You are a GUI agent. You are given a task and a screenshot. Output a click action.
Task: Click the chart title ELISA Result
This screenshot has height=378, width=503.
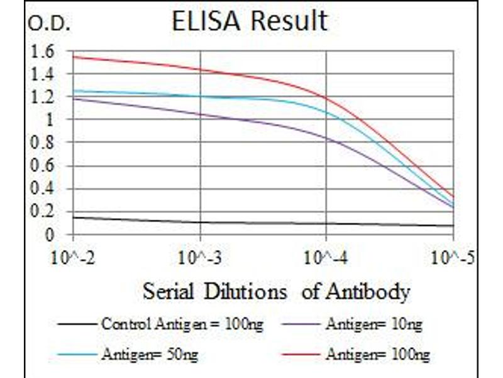point(250,21)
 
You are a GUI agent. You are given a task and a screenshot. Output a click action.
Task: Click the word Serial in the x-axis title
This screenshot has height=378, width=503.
point(166,292)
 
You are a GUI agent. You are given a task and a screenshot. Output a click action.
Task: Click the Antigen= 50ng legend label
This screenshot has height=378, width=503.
point(149,355)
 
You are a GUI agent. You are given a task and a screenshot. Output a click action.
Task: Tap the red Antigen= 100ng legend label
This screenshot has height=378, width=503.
point(377,355)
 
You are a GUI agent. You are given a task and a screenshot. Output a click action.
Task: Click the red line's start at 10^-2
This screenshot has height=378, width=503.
point(74,57)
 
